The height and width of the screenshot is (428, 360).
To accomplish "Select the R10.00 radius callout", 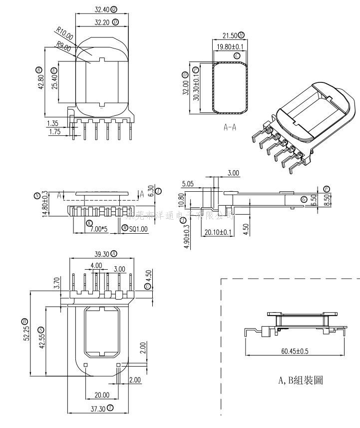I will (x=64, y=34).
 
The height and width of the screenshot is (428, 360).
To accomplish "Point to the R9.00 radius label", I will (x=63, y=46).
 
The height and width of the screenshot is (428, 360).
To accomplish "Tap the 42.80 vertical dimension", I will (x=41, y=77).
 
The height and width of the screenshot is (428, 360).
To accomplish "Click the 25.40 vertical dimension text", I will (x=54, y=79).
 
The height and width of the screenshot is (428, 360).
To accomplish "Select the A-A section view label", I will (x=230, y=127).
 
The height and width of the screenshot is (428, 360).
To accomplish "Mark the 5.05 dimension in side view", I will (x=188, y=184).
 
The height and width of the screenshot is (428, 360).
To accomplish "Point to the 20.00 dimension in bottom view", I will (x=101, y=395).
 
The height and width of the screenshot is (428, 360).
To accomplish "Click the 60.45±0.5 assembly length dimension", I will (x=295, y=351).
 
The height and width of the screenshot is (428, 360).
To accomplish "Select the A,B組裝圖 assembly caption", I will (x=301, y=381).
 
